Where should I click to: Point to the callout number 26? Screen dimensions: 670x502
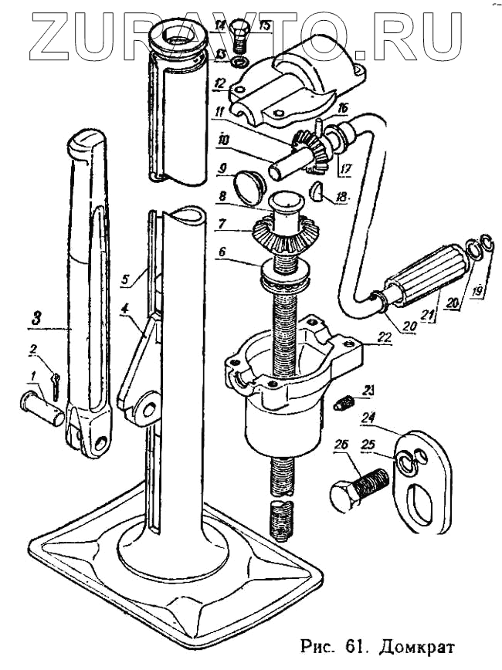[x=341, y=445]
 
